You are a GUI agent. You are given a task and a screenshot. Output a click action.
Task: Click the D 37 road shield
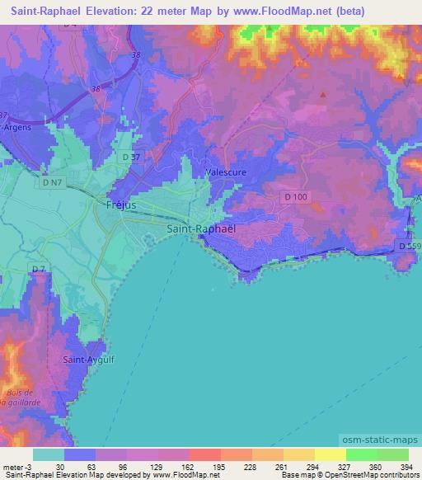tap(130, 157)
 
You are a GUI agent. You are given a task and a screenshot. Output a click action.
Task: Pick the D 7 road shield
tap(38, 269)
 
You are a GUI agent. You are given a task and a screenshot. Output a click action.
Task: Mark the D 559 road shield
tap(408, 246)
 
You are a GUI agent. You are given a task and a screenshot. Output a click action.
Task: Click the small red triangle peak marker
tap(322, 93)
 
